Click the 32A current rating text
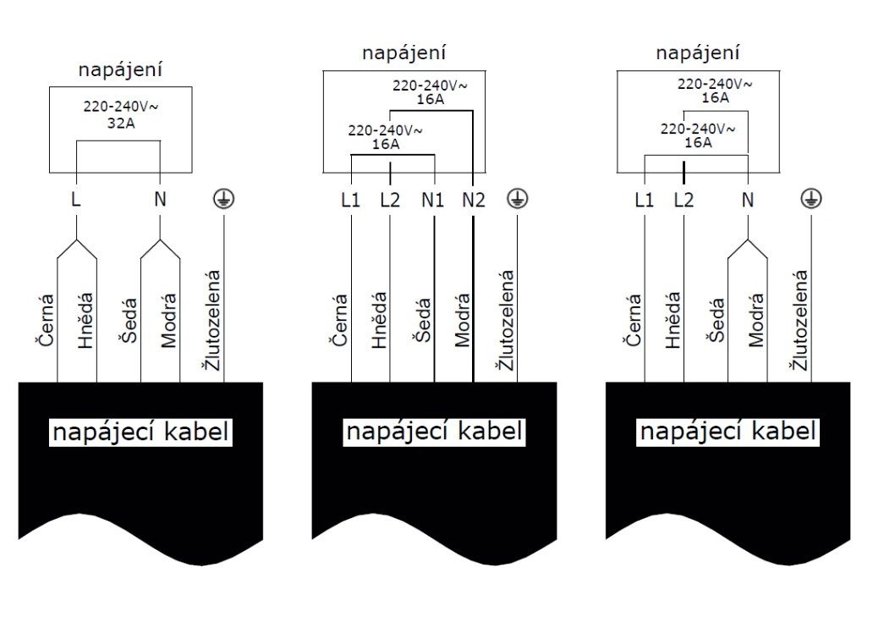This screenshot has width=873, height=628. coord(121,124)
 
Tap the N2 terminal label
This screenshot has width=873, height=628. coord(474,201)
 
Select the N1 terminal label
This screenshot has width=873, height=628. coord(433,201)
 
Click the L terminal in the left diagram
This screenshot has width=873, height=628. coord(77,201)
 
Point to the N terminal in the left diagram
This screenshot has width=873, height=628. coord(160,201)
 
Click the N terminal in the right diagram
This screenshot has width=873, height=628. coord(748,201)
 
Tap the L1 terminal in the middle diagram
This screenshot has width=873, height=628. coord(350,201)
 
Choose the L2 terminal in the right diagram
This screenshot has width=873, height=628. coord(684,201)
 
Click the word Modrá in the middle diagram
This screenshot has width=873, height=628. coord(463,322)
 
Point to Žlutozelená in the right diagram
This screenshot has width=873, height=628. coord(799,320)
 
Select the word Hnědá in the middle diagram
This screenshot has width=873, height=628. coord(379,322)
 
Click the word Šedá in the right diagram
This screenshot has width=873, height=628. coord(715,322)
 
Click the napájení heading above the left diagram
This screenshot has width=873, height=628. coord(120,70)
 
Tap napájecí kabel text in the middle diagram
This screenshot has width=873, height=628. coord(434,432)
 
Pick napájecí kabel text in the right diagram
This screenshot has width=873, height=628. coord(728,432)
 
